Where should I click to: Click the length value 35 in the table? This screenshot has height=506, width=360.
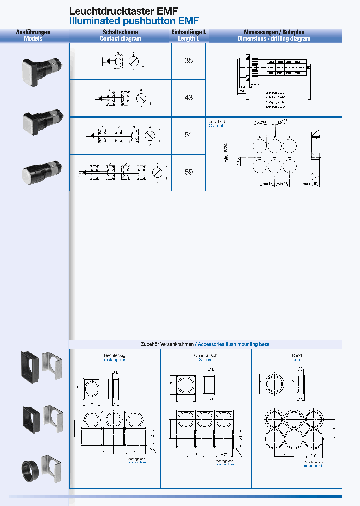[188, 61]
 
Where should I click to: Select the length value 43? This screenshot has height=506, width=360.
[188, 98]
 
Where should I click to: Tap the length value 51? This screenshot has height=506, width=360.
[188, 135]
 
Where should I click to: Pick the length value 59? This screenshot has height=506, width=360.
[188, 172]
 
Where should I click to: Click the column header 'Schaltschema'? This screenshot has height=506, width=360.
[120, 32]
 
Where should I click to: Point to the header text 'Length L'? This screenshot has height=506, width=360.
[188, 38]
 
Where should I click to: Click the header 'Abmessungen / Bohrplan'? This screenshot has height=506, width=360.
[274, 32]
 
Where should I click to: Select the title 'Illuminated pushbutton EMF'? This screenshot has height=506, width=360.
[134, 21]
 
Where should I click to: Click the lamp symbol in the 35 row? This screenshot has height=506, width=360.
[134, 61]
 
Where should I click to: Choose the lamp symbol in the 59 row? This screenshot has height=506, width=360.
[157, 172]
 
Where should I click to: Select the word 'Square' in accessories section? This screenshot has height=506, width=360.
[205, 360]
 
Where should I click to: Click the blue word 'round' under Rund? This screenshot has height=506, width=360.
[297, 360]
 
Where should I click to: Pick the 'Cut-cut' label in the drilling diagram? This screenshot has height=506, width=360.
[216, 126]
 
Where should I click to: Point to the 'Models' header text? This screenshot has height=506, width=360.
[33, 38]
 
